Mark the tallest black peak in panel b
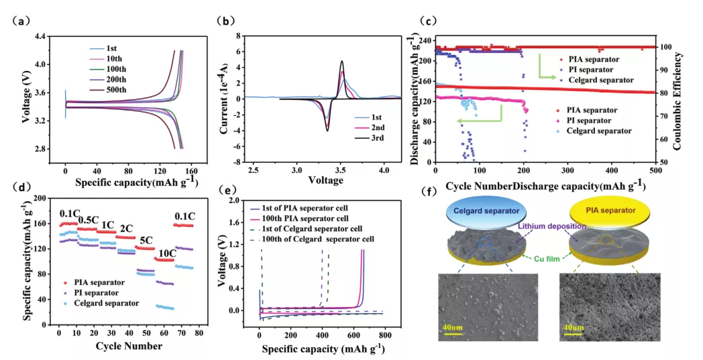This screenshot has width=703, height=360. [342, 62]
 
